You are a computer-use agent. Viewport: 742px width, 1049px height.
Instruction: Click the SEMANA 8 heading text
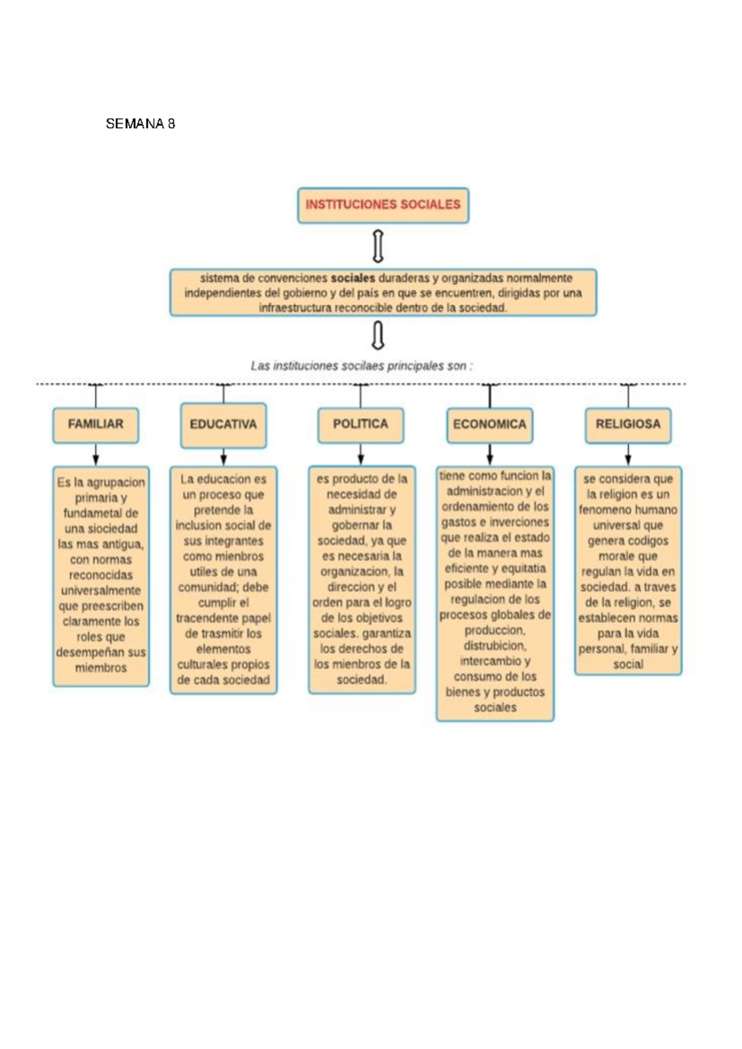[x=140, y=124]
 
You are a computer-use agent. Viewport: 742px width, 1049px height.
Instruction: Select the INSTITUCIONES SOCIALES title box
[x=383, y=205]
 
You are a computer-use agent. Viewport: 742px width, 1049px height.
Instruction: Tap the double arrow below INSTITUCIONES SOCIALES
[x=378, y=246]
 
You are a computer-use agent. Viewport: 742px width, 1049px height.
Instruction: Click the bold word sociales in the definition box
[x=353, y=278]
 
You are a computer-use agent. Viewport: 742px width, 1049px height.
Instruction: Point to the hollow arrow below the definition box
[x=378, y=336]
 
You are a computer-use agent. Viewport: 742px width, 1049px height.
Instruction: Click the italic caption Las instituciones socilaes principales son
[x=361, y=366]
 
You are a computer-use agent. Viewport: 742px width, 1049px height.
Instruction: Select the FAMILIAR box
[x=96, y=424]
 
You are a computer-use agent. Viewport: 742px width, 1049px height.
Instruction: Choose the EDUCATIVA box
[x=223, y=425]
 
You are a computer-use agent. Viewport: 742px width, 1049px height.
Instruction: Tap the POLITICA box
[x=360, y=424]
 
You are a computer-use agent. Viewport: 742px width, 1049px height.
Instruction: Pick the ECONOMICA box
[x=489, y=425]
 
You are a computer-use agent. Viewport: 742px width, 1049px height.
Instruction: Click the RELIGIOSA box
[x=628, y=424]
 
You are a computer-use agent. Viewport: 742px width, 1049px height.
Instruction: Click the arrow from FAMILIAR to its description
[x=96, y=455]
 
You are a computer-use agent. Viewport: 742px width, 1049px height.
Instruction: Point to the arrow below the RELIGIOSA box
[x=628, y=455]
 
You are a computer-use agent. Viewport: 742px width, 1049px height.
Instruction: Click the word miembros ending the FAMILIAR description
[x=101, y=668]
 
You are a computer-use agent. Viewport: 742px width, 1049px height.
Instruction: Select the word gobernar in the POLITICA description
[x=354, y=525]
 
